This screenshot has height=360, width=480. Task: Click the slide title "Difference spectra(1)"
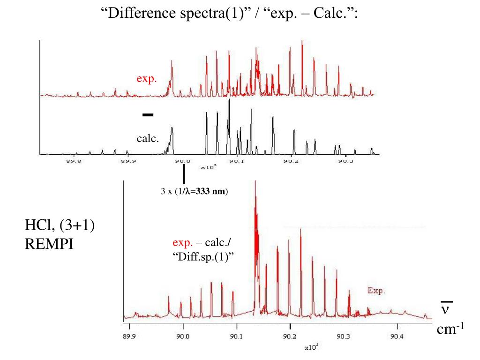pyautogui.click(x=173, y=13)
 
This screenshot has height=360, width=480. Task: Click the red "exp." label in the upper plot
pyautogui.click(x=146, y=79)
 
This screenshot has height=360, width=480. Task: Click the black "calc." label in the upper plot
pyautogui.click(x=148, y=139)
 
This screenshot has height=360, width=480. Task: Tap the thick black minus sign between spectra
pyautogui.click(x=148, y=114)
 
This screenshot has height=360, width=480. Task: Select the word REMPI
pyautogui.click(x=49, y=244)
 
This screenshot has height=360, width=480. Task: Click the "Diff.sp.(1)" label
pyautogui.click(x=203, y=256)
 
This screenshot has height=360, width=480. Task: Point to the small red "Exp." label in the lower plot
pyautogui.click(x=376, y=291)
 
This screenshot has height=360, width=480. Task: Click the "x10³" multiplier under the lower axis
pyautogui.click(x=311, y=347)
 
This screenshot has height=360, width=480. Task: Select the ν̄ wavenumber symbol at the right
pyautogui.click(x=446, y=309)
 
